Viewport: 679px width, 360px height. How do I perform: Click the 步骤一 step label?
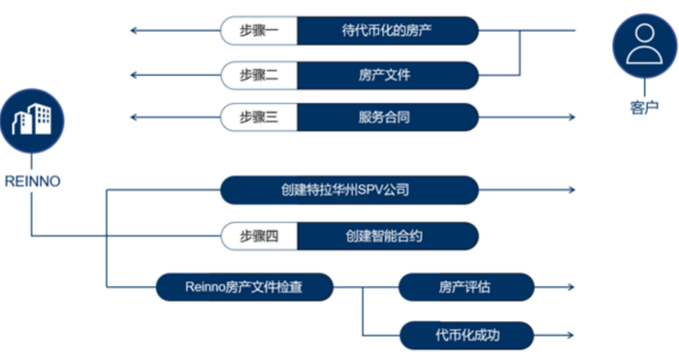259,31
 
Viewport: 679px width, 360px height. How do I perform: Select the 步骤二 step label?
259,75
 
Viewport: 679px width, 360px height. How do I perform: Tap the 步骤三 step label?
259,117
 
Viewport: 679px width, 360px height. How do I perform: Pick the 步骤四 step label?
259,236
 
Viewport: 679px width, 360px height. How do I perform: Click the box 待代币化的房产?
387,31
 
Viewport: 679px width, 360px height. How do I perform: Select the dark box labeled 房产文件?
387,75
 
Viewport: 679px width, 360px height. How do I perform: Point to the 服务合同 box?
387,117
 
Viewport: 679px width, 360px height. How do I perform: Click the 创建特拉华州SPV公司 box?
350,190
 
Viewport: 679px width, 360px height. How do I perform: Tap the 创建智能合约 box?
387,236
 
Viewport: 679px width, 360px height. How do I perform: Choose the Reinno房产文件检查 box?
244,286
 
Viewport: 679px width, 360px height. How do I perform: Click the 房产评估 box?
467,286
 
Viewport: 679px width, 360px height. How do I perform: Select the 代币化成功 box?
467,335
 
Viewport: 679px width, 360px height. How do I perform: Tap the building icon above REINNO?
32,120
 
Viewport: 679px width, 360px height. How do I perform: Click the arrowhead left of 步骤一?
134,31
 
